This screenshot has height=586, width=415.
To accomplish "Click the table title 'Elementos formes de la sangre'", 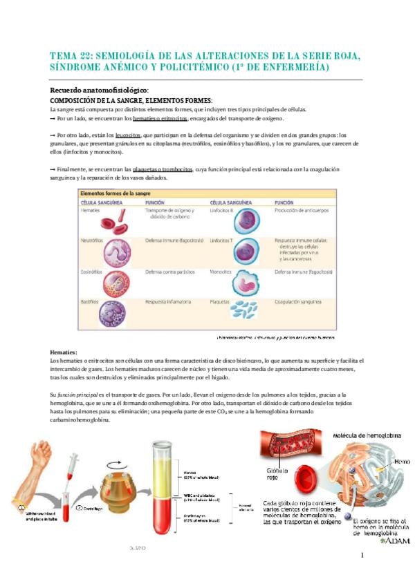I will [x=117, y=194].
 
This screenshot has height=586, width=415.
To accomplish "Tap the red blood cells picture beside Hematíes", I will [x=113, y=221].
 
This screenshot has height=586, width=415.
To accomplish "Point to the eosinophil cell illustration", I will [x=114, y=283].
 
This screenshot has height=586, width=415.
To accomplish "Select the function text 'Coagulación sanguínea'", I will [x=299, y=302].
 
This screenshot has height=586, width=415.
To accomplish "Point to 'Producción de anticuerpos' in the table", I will [x=304, y=211].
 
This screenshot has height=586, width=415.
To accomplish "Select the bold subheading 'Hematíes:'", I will [x=64, y=352].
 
